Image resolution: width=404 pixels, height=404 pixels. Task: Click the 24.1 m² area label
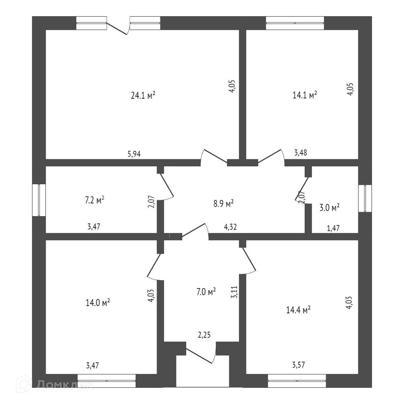(143, 96)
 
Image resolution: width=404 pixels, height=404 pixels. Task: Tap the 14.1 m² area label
(305, 96)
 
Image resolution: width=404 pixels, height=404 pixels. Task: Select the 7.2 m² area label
(94, 200)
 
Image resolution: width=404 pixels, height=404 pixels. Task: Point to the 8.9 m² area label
(224, 204)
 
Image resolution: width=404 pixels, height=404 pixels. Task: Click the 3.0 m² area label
(329, 207)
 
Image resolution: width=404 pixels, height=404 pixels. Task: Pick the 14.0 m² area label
(98, 303)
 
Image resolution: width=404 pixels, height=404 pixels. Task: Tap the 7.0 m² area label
(206, 292)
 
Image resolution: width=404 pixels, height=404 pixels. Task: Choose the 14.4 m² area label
(298, 310)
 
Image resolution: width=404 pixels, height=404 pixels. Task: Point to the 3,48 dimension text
(300, 153)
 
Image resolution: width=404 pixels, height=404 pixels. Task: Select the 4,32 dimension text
(230, 227)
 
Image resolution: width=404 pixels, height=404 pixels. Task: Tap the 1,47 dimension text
(333, 228)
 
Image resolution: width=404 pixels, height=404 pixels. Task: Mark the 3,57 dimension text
(298, 365)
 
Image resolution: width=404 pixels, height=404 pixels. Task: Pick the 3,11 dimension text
(234, 292)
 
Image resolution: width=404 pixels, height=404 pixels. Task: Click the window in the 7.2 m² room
(39, 200)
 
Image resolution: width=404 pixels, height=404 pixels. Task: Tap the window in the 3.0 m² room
(365, 198)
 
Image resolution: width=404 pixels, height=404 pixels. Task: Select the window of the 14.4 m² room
(297, 380)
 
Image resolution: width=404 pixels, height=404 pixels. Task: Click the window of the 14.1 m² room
(295, 23)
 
